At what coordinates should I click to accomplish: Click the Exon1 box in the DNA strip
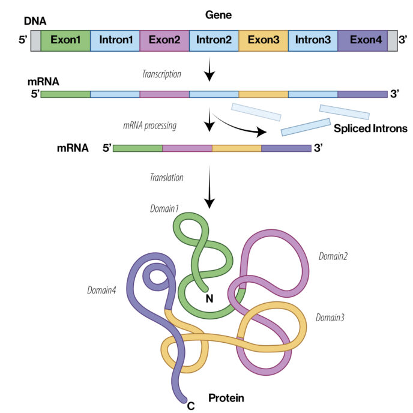coord(65,40)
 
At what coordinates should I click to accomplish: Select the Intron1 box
coord(115,40)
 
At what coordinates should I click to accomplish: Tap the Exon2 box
coord(164,40)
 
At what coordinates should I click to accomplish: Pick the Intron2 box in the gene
coord(214,40)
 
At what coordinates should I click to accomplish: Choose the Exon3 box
coord(263,40)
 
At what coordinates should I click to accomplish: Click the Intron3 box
coord(313,40)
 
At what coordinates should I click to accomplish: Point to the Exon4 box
coord(363,40)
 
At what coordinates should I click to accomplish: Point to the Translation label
coord(166,178)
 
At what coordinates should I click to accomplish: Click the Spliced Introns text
coord(370,128)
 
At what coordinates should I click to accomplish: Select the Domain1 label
coord(164,208)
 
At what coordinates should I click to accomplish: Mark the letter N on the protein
coord(210,297)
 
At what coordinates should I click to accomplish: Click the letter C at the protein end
coord(191,406)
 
